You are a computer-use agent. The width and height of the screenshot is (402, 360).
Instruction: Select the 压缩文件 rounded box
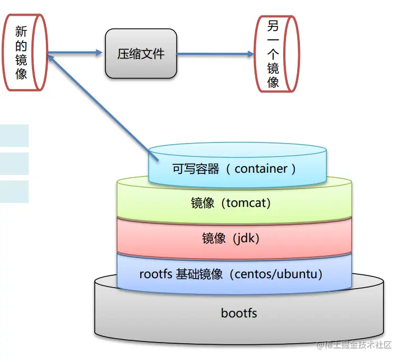point(141,54)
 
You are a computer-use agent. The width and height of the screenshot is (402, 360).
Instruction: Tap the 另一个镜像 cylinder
point(274,54)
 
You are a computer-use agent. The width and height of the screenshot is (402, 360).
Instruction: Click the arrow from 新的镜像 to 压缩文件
point(76,53)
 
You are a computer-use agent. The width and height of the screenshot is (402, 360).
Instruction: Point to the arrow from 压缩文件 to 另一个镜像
point(216,54)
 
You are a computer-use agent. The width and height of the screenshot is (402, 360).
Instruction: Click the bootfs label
point(239,313)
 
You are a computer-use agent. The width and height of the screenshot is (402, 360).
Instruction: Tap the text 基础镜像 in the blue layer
point(200,274)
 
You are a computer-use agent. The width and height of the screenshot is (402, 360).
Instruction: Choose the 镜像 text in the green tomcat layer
point(202,203)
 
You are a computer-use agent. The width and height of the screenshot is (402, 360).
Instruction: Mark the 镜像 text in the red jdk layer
point(214,238)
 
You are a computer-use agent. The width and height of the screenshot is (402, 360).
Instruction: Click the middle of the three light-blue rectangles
point(14,164)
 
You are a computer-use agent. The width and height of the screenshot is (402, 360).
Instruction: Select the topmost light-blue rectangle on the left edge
point(14,136)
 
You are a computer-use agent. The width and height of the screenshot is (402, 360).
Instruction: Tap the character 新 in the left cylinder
point(21,31)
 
